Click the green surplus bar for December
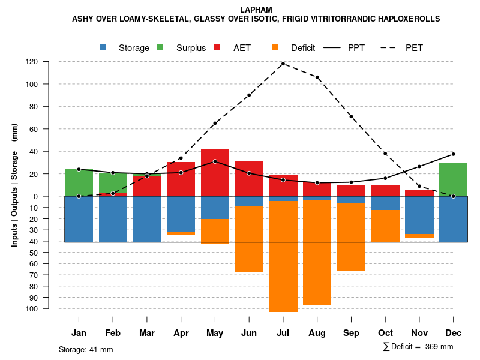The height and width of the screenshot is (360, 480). (x=453, y=179)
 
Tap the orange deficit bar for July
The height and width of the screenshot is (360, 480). (x=283, y=256)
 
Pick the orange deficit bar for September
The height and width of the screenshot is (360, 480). (x=351, y=237)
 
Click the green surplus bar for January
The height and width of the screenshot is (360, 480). (x=79, y=182)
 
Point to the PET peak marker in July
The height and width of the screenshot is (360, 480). (x=283, y=64)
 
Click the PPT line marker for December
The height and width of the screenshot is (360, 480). (x=453, y=154)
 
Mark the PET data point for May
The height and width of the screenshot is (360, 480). (x=215, y=123)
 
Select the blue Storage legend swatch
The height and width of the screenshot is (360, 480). (x=103, y=48)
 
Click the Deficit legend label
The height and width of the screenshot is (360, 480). (x=303, y=48)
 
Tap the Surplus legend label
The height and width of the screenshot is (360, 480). (x=191, y=48)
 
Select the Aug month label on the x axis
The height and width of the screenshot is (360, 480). (x=317, y=333)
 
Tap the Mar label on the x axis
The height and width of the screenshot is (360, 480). (x=147, y=333)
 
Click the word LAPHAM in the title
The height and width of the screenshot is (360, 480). (x=256, y=10)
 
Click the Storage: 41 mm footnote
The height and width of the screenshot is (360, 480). (x=86, y=349)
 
